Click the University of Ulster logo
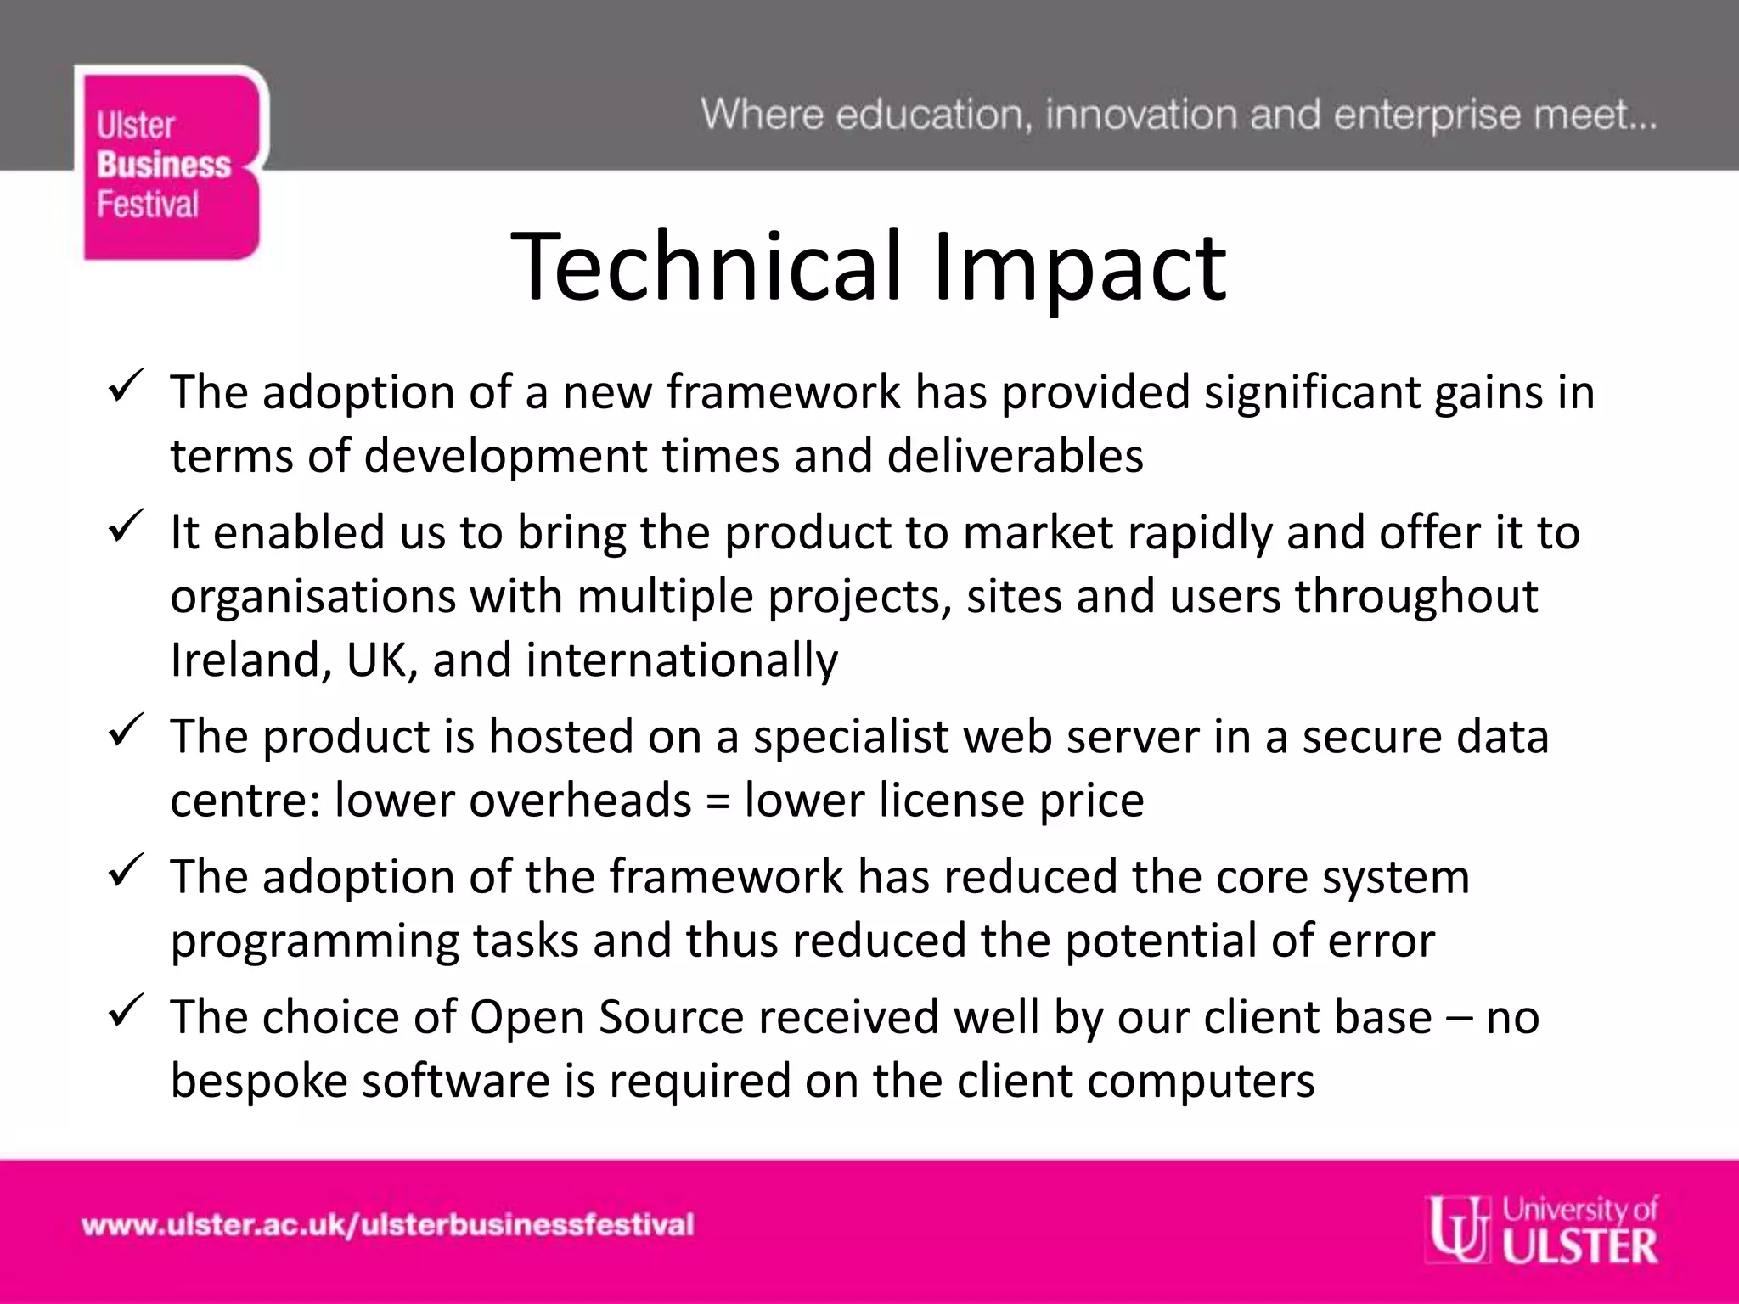point(1542,1230)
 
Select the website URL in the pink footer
point(387,1225)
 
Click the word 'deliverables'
point(1015,457)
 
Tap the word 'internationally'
point(681,660)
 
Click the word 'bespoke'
point(259,1082)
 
